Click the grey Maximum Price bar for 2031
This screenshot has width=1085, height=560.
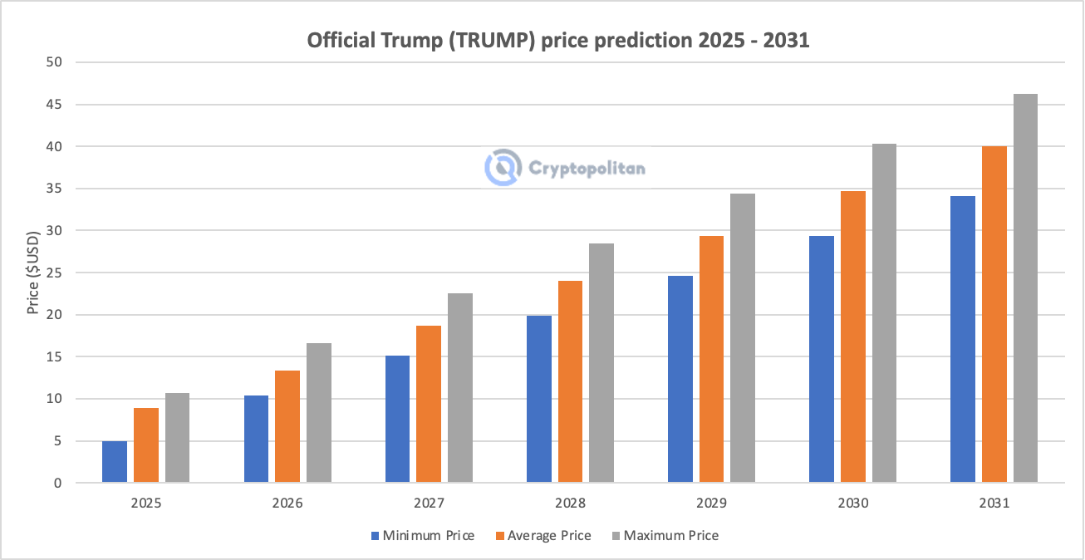[x=1025, y=288]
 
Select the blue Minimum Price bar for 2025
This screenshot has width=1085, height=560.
[x=115, y=462]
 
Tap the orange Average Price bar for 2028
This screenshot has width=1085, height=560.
[x=570, y=382]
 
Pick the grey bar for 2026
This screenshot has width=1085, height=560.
[x=319, y=413]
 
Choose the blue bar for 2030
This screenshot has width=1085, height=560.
[x=822, y=360]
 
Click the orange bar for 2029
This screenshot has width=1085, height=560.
[x=711, y=360]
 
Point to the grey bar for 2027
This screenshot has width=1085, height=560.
[x=460, y=388]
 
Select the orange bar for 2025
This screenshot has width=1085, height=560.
[x=146, y=445]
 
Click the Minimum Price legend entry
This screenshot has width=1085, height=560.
[x=423, y=536]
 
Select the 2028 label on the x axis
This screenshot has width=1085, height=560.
[x=570, y=504]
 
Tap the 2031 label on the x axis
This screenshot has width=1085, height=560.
[x=994, y=504]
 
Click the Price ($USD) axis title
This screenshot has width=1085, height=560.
[x=33, y=273]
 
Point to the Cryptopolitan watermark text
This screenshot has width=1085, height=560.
[x=587, y=168]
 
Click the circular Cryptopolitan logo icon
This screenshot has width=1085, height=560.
[x=503, y=167]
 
